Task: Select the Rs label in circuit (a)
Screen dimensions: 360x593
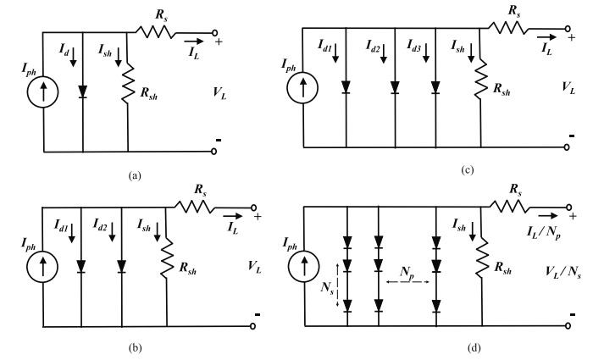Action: pos(158,13)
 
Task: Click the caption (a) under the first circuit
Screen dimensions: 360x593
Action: pos(135,176)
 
